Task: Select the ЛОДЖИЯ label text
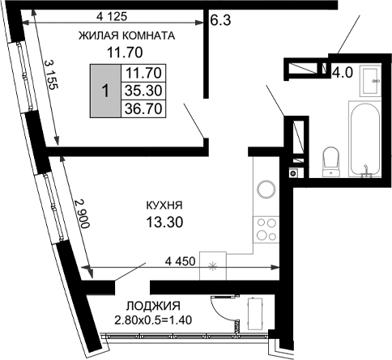pos(153,306)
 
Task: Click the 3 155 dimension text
pos(49,78)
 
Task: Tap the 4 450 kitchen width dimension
pos(182,260)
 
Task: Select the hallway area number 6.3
pos(221,21)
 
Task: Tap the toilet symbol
pos(330,159)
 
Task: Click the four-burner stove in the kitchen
pos(265,231)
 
